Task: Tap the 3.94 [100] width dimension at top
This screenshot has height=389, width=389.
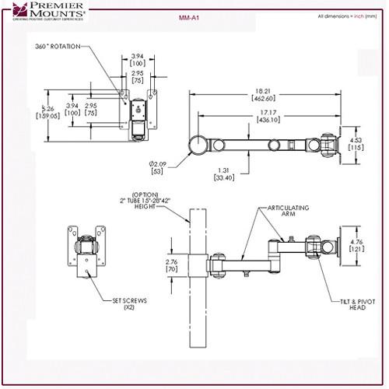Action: [x=137, y=59]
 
